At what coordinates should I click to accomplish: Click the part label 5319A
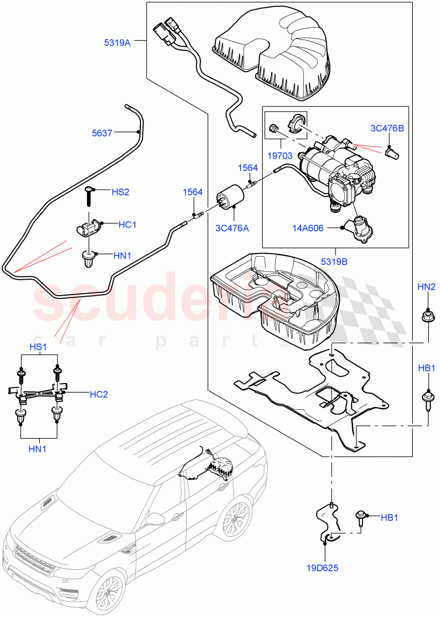(x=117, y=43)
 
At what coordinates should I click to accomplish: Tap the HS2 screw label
(x=120, y=192)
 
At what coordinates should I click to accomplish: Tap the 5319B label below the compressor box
(x=336, y=261)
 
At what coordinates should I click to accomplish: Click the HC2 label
(x=99, y=394)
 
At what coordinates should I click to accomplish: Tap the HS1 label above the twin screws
(x=38, y=347)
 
